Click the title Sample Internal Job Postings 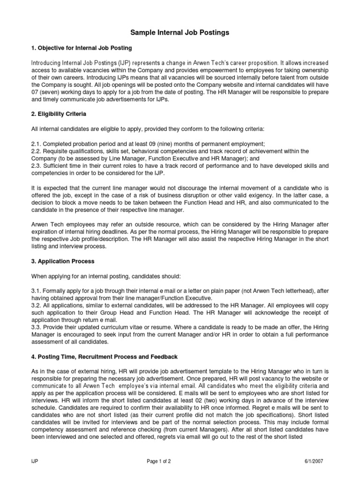click(180, 32)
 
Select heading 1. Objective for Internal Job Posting click(81, 48)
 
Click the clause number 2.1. click(36, 142)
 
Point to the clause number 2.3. click(36, 165)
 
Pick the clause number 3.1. click(36, 290)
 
